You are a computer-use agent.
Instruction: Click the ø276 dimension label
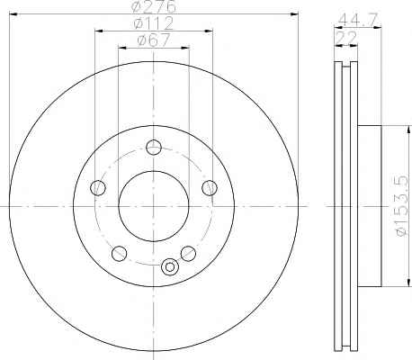click(x=153, y=6)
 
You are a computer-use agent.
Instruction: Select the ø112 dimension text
click(x=154, y=23)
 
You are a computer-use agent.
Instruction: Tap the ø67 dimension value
click(x=154, y=40)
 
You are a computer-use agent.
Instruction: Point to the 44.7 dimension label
click(x=357, y=20)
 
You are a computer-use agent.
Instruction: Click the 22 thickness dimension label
click(x=346, y=37)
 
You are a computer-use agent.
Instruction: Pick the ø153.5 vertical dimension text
click(x=401, y=206)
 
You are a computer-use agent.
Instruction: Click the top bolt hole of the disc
click(x=154, y=148)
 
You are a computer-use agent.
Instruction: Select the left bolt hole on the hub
click(x=98, y=188)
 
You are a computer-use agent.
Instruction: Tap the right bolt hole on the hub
click(x=210, y=188)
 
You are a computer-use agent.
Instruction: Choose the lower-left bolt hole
click(x=119, y=254)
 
